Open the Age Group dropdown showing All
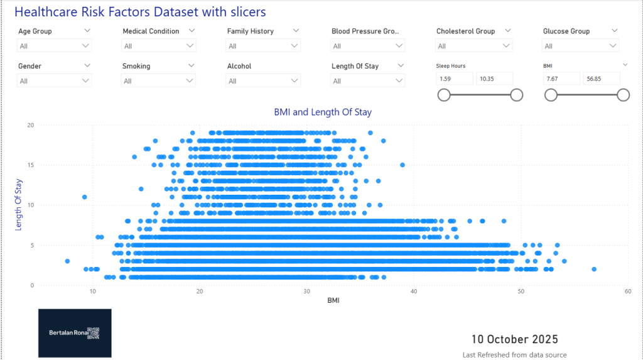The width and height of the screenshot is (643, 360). coord(55,46)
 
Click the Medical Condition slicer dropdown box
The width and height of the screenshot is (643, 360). coord(159,46)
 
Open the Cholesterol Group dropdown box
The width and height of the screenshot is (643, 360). coord(473,46)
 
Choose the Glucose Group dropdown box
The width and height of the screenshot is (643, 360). coord(581,46)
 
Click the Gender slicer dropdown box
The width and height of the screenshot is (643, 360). coord(55,80)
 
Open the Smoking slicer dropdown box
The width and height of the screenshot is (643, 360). coord(159,80)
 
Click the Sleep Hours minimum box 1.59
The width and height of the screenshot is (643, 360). coord(455,79)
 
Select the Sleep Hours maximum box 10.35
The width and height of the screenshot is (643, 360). coord(494,79)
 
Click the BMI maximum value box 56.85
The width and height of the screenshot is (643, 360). coord(602,79)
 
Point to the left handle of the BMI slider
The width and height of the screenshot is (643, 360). coord(551,95)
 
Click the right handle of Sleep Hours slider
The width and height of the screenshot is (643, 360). coord(517,95)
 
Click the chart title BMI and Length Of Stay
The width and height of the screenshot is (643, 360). coord(323,112)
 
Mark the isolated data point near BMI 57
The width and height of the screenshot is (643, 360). coord(594,269)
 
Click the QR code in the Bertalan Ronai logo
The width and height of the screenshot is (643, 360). coord(94,333)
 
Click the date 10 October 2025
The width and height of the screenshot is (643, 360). coord(514,340)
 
